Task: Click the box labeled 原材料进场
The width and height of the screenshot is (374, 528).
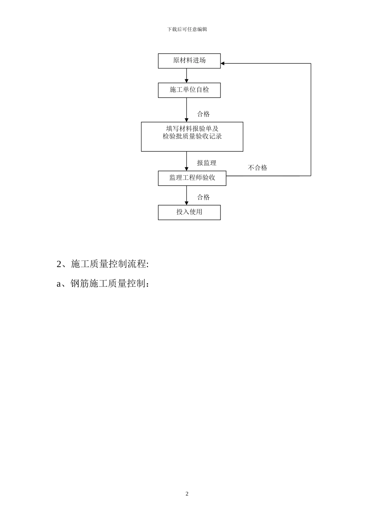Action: coord(189,60)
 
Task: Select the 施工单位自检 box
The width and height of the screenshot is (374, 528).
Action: coord(189,90)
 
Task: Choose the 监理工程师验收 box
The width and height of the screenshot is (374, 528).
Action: coord(192,178)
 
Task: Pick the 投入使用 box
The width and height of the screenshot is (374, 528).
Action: coord(189,212)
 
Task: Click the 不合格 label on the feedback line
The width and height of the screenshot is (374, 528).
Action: coord(257,168)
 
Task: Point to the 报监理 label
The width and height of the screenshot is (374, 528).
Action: coord(207,163)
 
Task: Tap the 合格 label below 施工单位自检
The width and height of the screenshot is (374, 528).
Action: coord(204,114)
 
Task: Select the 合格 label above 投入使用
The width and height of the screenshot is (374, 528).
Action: coord(204,197)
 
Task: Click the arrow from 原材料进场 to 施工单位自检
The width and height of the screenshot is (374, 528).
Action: coord(187,75)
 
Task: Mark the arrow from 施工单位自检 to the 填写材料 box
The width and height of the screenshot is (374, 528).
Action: coord(187,110)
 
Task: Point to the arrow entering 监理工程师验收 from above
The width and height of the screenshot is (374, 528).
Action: coord(187,161)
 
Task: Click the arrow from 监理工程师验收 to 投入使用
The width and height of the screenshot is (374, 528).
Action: coord(187,195)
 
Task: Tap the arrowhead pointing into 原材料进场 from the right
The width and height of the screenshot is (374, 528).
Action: coord(223,63)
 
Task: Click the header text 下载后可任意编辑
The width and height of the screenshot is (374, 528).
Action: coord(187,29)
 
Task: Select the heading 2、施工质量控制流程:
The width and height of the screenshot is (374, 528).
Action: coord(103,264)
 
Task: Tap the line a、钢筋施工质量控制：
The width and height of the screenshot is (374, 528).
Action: coord(103,284)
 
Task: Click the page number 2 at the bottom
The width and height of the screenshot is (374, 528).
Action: coord(187,494)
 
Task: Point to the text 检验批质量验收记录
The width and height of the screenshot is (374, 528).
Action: coord(192,137)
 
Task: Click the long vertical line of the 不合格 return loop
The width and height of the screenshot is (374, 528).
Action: coord(311,118)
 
